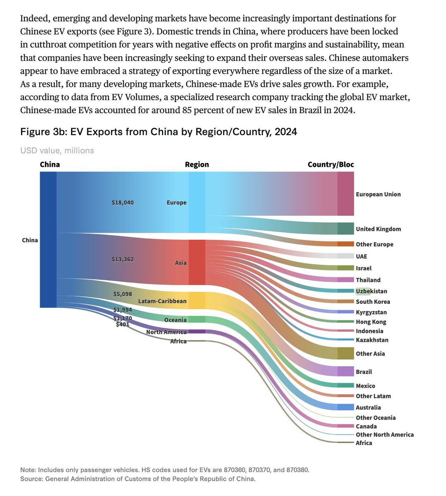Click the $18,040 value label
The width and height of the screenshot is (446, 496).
123,203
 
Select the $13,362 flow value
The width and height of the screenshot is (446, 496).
123,260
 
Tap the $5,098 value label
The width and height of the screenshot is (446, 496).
123,294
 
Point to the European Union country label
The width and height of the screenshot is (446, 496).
378,194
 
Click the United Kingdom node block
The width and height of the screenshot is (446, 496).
346,229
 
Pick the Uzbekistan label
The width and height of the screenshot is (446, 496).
372,291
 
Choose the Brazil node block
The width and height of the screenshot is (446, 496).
346,371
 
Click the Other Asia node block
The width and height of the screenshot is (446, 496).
346,353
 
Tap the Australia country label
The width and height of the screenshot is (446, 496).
368,408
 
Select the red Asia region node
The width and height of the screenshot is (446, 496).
197,262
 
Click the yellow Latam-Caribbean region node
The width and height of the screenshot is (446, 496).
197,300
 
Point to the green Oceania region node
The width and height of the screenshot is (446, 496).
197,320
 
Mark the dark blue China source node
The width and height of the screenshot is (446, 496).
48,240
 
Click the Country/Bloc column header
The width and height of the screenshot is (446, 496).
330,165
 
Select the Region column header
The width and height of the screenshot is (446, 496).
197,165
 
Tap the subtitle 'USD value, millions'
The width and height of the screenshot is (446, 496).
57,150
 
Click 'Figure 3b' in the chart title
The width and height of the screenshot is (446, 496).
43,132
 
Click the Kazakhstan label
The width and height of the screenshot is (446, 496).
372,340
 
